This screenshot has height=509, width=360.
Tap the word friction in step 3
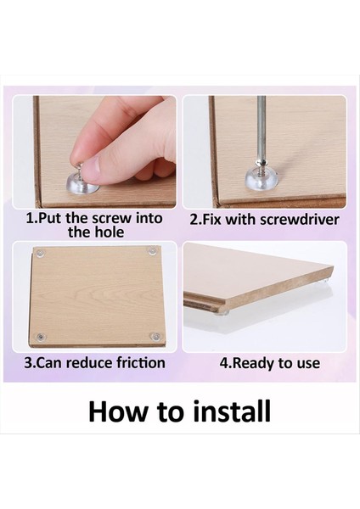(x=141, y=362)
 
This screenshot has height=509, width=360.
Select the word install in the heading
(x=232, y=411)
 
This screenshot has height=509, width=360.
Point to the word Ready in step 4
(x=253, y=364)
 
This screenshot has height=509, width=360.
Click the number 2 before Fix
(x=194, y=220)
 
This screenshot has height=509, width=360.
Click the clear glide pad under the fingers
(x=79, y=184)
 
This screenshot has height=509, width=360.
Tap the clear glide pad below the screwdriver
(x=259, y=177)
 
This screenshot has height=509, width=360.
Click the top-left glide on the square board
(x=41, y=252)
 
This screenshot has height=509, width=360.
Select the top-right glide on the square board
(x=152, y=251)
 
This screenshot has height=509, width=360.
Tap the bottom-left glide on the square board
(x=40, y=338)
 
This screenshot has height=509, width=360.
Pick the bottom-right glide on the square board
(x=155, y=336)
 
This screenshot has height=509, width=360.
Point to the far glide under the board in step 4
(x=325, y=282)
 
